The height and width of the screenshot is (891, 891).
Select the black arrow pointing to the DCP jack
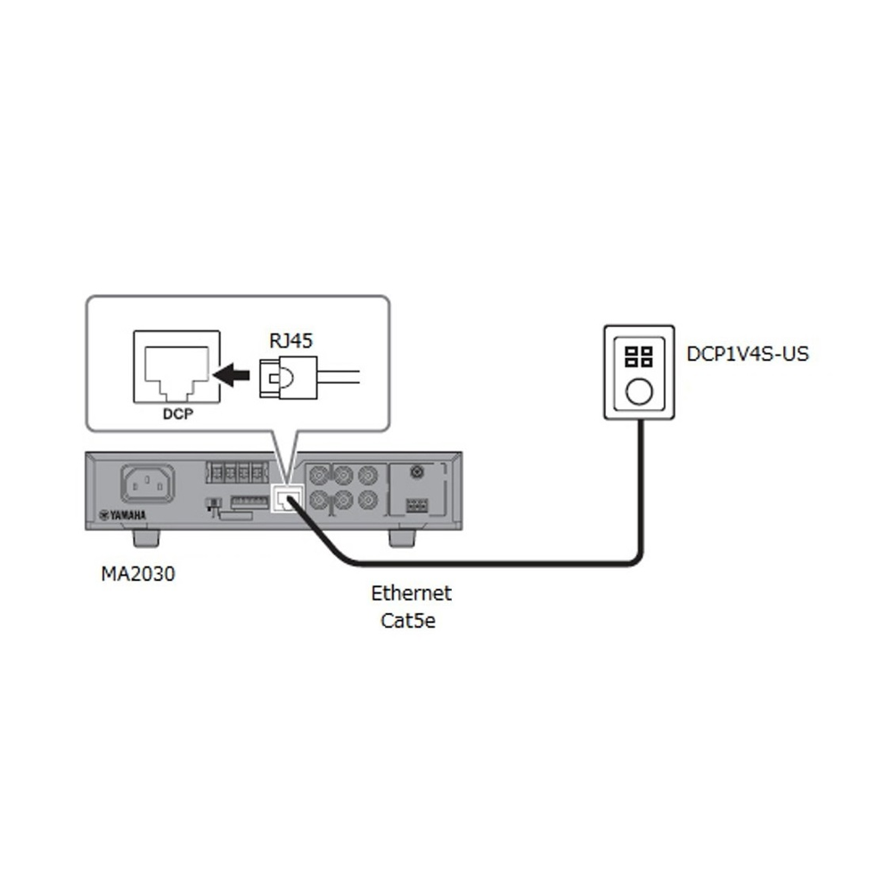tap(234, 376)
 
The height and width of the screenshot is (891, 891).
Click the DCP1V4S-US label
tap(748, 355)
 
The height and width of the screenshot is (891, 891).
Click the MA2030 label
tap(137, 575)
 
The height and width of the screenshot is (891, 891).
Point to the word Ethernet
tap(412, 593)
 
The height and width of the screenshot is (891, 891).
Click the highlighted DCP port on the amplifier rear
tap(282, 499)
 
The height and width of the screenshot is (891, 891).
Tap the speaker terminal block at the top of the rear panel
tap(236, 471)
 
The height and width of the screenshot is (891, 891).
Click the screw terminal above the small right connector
tap(414, 472)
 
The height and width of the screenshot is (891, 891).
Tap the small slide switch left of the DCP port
tap(212, 504)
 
